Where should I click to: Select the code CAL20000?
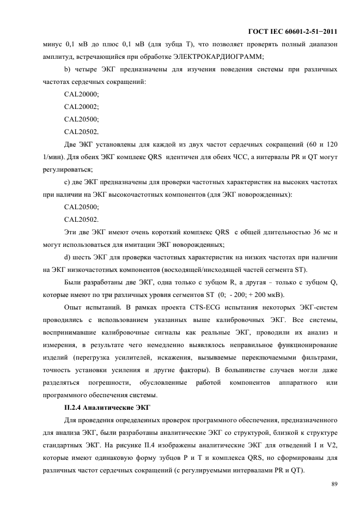(x=81, y=94)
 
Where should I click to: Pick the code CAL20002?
(x=81, y=107)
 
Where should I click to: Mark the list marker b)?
(x=68, y=69)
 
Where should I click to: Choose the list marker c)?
(x=68, y=182)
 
